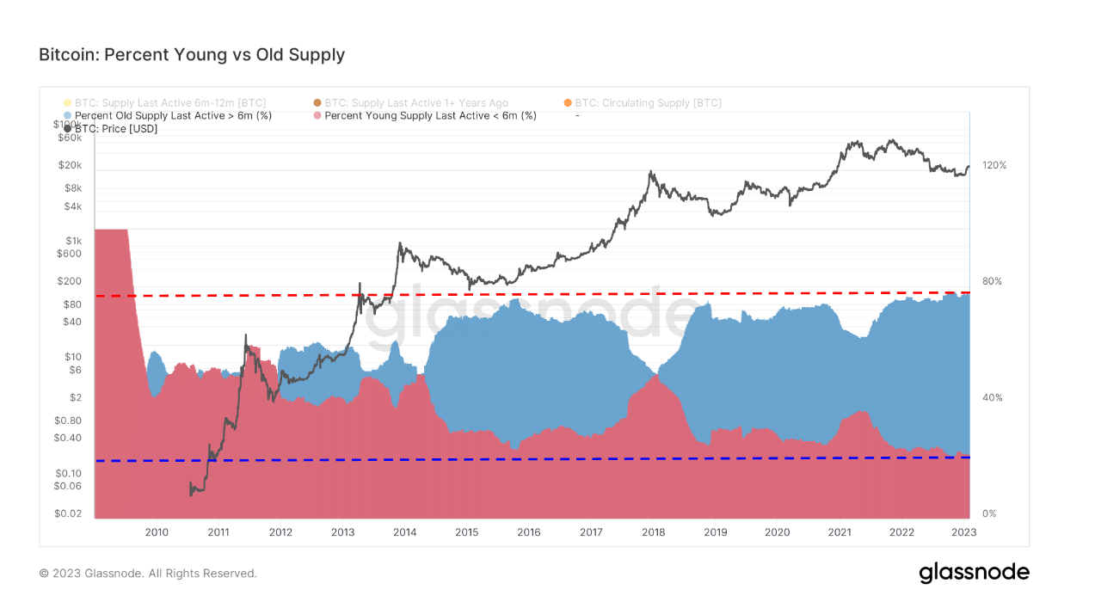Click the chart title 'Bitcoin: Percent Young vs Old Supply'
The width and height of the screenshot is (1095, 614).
192,55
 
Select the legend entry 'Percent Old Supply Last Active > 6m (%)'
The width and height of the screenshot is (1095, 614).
173,115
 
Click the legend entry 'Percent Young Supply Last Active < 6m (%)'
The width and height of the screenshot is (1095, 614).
430,115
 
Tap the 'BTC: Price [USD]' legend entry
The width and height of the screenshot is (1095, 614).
116,128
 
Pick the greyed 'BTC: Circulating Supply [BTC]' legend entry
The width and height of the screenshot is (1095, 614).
648,102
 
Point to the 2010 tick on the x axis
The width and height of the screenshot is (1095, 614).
156,532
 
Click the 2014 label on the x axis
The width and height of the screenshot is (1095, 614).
404,532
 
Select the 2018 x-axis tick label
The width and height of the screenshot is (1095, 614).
653,532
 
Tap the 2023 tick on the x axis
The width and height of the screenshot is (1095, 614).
963,532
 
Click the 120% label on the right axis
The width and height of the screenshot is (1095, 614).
994,165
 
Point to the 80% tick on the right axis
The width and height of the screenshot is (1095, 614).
992,281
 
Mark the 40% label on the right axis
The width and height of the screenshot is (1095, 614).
992,397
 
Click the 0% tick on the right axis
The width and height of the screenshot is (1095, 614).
989,513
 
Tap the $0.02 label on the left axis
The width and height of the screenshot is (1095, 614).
67,513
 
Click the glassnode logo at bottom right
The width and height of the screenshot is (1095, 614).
974,573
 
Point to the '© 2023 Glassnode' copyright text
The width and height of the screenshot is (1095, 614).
148,573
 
